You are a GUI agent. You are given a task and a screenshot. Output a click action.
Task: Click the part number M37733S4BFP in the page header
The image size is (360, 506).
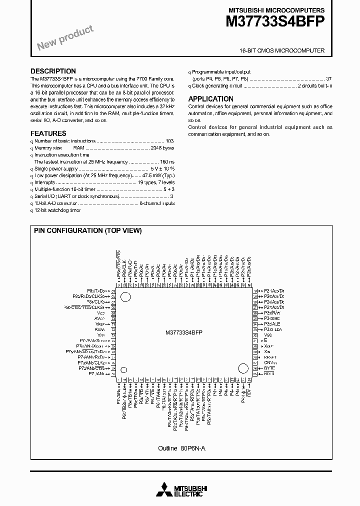[x=275, y=20]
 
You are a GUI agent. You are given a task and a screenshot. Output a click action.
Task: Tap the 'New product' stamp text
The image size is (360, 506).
[x=65, y=38]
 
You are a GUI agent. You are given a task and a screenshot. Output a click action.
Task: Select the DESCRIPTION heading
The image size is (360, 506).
[x=53, y=71]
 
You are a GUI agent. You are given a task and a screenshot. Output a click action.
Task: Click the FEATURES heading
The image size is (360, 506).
[x=48, y=133]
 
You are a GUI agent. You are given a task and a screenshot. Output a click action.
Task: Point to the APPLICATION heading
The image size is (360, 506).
[x=210, y=99]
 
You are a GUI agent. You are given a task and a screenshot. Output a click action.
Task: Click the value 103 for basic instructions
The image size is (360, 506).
[x=169, y=141]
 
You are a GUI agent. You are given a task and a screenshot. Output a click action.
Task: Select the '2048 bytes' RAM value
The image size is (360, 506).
[x=162, y=148]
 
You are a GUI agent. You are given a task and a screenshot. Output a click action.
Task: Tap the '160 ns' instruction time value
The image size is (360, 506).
[x=167, y=162]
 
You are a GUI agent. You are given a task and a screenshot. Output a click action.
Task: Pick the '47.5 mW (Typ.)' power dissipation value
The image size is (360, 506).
[x=158, y=176]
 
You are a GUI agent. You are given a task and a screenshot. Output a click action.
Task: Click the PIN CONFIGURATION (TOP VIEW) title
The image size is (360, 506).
[x=87, y=230]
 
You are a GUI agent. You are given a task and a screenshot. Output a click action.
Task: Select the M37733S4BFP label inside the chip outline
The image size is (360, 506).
[x=183, y=332]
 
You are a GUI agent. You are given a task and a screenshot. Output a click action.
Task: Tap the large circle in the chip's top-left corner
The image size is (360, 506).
[x=125, y=297]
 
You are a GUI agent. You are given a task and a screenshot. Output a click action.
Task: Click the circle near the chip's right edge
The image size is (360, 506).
[x=243, y=369]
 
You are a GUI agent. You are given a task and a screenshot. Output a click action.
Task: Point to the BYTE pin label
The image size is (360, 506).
[x=269, y=368]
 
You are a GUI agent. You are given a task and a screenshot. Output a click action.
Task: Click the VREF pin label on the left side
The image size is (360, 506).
[x=99, y=324]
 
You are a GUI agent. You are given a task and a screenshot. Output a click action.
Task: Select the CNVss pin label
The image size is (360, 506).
[x=270, y=362]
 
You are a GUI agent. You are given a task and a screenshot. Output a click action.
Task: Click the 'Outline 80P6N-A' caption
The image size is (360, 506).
[x=181, y=448]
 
